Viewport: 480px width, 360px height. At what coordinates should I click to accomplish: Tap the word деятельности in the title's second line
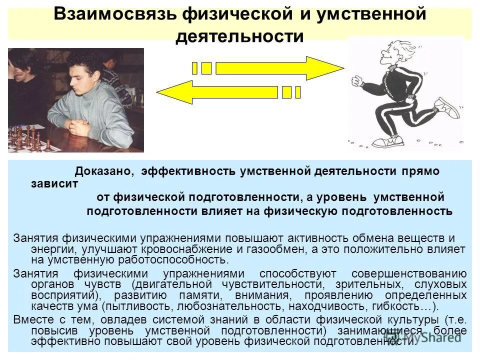click(x=239, y=36)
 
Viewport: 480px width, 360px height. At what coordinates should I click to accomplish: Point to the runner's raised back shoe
click(x=446, y=107)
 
